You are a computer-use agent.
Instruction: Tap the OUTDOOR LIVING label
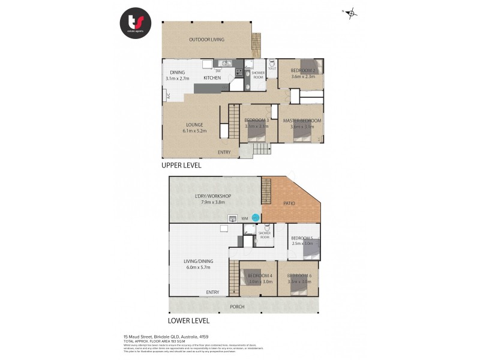pos(206,40)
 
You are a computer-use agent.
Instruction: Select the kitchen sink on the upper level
pos(225,62)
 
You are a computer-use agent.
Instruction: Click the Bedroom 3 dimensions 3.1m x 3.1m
pos(257,127)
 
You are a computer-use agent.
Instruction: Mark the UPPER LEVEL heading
pos(181,165)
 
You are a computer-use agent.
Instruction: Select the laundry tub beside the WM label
pos(232,218)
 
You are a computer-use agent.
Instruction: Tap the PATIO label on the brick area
pos(289,203)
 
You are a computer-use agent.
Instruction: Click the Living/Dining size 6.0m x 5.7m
pos(199,268)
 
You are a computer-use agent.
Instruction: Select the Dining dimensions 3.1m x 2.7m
pos(177,78)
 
